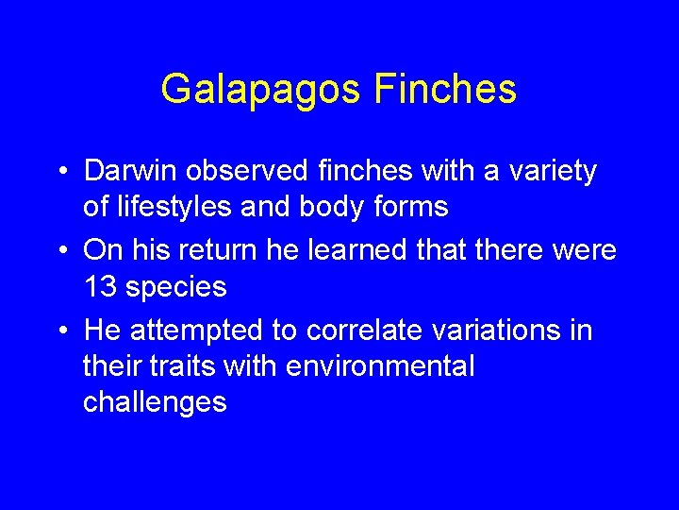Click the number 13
coord(101,286)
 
